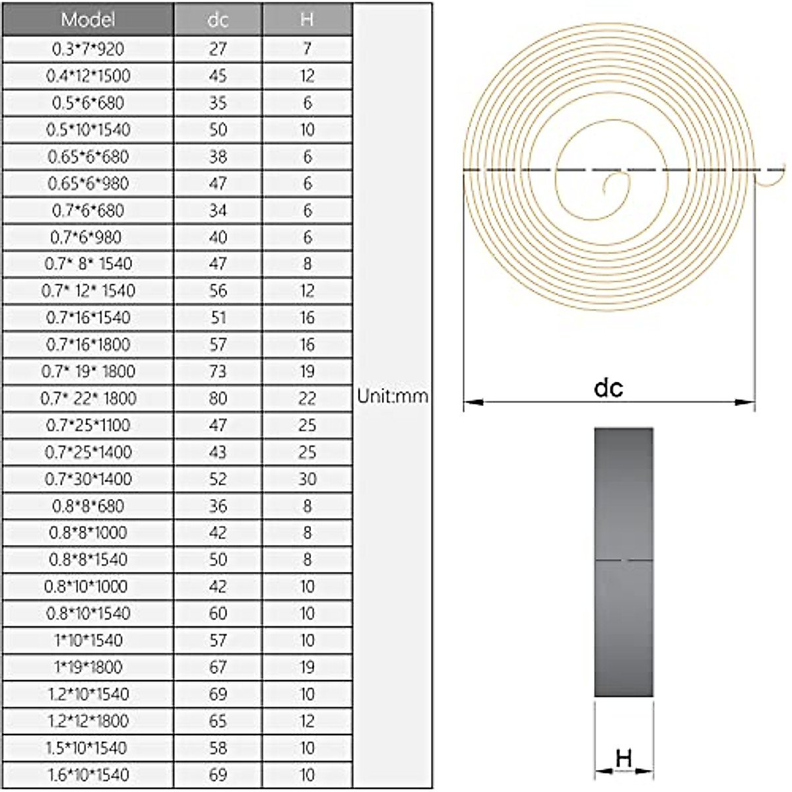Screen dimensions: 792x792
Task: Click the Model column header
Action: tap(88, 19)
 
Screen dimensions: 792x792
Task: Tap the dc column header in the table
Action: tap(218, 19)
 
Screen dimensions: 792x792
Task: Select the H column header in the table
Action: tap(307, 19)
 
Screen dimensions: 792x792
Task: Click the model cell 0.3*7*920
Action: tap(88, 49)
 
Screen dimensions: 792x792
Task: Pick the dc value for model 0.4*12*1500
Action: tap(218, 76)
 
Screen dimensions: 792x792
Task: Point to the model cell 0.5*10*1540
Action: tap(88, 130)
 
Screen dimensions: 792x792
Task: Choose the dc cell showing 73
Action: tap(218, 372)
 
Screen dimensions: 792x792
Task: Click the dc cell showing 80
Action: tap(218, 398)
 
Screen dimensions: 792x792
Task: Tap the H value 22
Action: tap(307, 398)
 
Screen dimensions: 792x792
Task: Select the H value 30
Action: tap(307, 478)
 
